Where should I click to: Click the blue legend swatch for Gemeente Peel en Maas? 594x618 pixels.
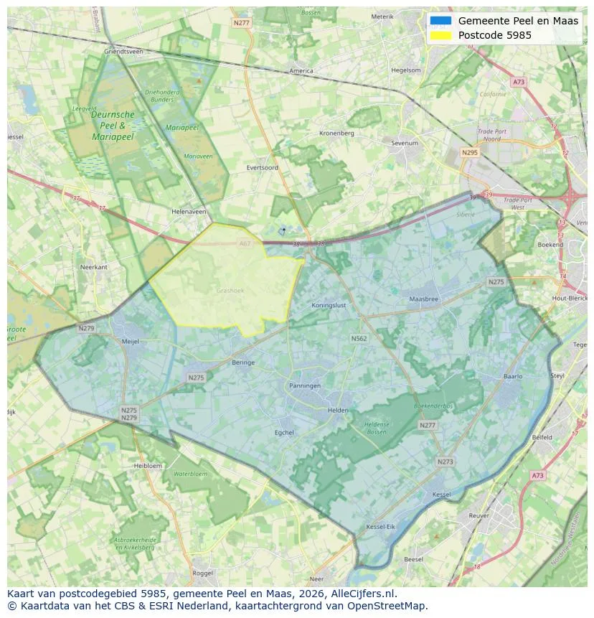tap(441, 21)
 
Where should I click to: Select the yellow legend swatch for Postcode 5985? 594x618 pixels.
tap(441, 35)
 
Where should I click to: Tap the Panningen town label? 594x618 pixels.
tap(305, 385)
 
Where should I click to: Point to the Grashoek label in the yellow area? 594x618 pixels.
tap(230, 291)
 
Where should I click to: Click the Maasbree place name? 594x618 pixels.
tap(423, 299)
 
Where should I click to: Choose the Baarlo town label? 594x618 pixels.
tap(513, 376)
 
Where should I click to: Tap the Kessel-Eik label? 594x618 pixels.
tap(380, 527)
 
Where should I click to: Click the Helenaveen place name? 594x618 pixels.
tap(189, 212)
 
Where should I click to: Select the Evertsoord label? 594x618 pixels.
tap(262, 167)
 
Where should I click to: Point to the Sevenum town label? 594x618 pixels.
tap(405, 143)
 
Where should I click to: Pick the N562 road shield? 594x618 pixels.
tap(359, 338)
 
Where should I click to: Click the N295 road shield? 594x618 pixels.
tap(470, 152)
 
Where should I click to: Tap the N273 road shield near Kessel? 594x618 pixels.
tap(445, 462)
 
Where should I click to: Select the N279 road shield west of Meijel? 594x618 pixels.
tap(87, 328)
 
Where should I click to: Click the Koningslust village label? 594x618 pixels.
tap(329, 305)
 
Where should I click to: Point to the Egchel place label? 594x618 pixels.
tap(285, 432)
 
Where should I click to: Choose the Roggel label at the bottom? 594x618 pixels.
tap(203, 573)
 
